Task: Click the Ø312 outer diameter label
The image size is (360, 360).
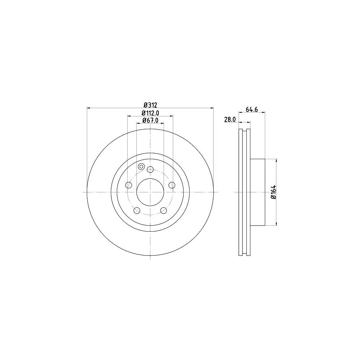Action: pos(150,105)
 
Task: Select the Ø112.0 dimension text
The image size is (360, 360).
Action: pos(150,113)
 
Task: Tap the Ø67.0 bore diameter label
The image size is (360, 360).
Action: pos(150,120)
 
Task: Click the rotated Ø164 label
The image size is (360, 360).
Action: pos(273,192)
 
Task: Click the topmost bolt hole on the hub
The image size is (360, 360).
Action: pos(150,170)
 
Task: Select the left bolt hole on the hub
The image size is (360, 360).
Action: pos(129,185)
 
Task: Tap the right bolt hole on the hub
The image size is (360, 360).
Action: pos(172,185)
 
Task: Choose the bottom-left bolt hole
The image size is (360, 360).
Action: pos(137,210)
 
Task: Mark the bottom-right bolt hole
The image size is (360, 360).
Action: pos(164,210)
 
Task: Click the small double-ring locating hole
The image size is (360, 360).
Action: pos(141,166)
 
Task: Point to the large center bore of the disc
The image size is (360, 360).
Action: pos(150,192)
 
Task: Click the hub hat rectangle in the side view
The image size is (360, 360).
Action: pos(258,192)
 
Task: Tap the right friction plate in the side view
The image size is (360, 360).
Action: pos(248,192)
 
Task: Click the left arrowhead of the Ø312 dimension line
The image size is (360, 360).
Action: pos(88,108)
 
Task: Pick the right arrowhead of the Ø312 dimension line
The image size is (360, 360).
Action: pos(212,108)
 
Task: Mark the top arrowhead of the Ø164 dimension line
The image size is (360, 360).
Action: pos(276,160)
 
